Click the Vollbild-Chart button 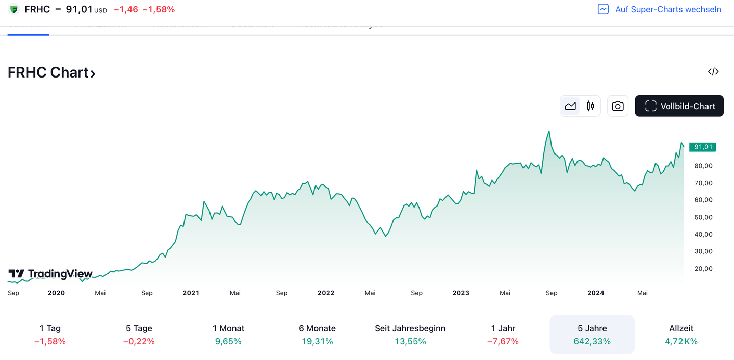point(679,106)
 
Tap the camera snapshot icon point(617,106)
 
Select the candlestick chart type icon point(590,106)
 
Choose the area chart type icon point(570,106)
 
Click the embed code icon point(713,72)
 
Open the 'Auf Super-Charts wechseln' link point(668,9)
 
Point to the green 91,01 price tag point(702,147)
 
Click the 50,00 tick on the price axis point(703,217)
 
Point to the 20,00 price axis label point(703,269)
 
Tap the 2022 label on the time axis point(326,293)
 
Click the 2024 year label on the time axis point(595,293)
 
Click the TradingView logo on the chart point(50,274)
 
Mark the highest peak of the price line point(549,131)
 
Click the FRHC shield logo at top point(14,9)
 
